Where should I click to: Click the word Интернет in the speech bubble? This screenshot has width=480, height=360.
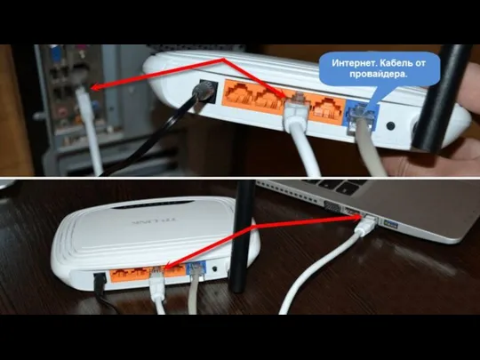[351, 63]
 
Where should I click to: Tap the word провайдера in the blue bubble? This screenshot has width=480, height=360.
[379, 75]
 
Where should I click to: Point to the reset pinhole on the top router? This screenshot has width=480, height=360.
[390, 125]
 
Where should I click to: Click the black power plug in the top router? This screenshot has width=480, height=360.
[202, 92]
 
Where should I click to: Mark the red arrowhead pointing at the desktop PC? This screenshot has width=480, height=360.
[96, 87]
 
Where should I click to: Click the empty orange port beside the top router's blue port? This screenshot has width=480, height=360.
[325, 109]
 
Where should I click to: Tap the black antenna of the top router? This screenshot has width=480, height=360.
[441, 98]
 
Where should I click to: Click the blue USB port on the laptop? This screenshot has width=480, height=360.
[390, 225]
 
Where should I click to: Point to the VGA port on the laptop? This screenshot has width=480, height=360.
[332, 207]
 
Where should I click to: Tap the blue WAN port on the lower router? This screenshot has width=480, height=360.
[196, 270]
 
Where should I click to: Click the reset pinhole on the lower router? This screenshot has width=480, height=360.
[215, 268]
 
